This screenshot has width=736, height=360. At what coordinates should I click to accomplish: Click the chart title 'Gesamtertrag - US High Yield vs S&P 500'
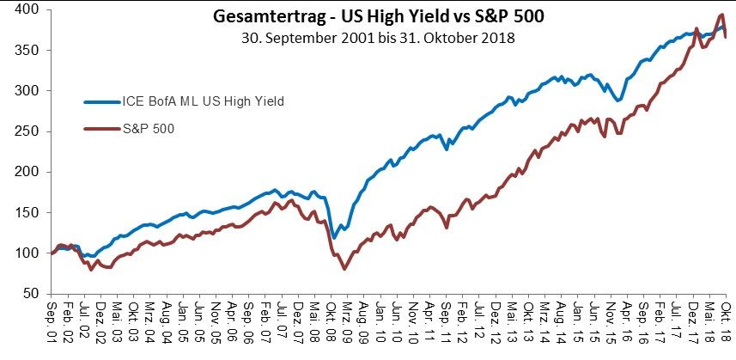369,16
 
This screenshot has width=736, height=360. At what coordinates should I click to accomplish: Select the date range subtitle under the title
369,38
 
